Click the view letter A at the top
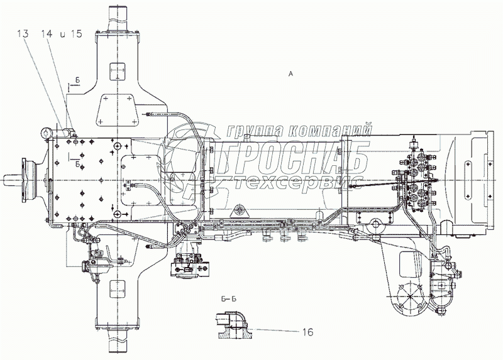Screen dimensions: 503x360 (290, 74)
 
